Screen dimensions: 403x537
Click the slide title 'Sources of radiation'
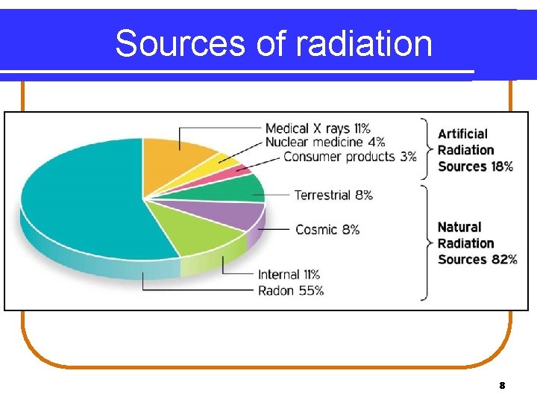[274, 43]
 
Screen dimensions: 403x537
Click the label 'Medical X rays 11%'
[318, 128]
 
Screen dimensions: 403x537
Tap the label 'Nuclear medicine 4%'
[325, 142]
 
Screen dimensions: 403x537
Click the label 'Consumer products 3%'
[350, 157]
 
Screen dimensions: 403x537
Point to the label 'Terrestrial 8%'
[333, 195]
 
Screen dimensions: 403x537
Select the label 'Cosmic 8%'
[327, 229]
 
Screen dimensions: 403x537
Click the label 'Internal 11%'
[289, 275]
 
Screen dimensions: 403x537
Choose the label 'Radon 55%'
[290, 290]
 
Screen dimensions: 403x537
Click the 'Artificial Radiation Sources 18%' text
[475, 150]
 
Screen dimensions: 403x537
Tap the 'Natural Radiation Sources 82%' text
[477, 243]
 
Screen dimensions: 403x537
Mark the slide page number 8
[502, 386]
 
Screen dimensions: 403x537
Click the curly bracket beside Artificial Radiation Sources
[426, 148]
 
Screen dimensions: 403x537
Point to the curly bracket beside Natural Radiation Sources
[426, 243]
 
